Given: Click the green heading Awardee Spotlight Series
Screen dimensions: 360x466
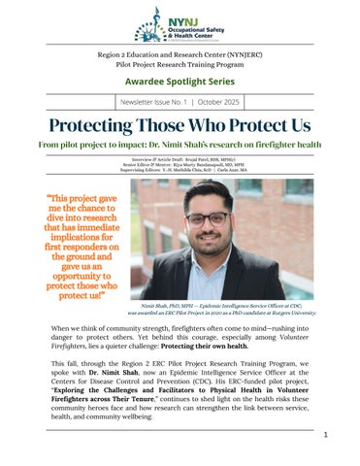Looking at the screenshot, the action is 180,81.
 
